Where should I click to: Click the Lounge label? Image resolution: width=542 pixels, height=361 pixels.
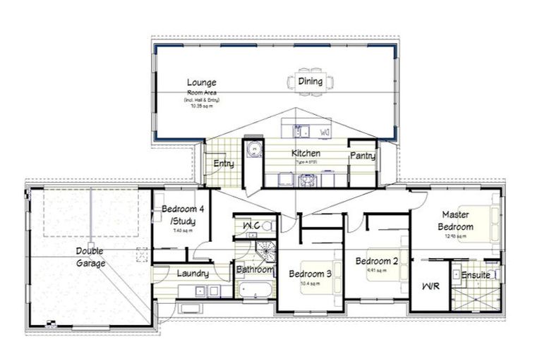201,82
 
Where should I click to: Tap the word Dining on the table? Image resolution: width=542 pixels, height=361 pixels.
310,81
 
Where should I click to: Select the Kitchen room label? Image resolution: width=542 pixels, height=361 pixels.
306,153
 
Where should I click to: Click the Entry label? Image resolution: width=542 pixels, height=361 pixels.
224,164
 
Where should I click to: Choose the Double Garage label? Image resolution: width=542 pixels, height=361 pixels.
92,257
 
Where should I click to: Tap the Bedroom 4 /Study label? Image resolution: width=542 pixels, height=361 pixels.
183,215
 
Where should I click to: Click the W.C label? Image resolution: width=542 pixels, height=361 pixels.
252,226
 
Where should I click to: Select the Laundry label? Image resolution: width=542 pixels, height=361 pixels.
192,273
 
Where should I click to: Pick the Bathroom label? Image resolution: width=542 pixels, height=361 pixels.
254,269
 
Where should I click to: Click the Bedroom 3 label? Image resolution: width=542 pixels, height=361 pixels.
311,274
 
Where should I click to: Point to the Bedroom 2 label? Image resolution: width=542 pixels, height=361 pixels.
377,261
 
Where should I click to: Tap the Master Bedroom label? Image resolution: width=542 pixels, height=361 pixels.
457,220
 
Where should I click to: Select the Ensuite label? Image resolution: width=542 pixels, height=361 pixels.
476,275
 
